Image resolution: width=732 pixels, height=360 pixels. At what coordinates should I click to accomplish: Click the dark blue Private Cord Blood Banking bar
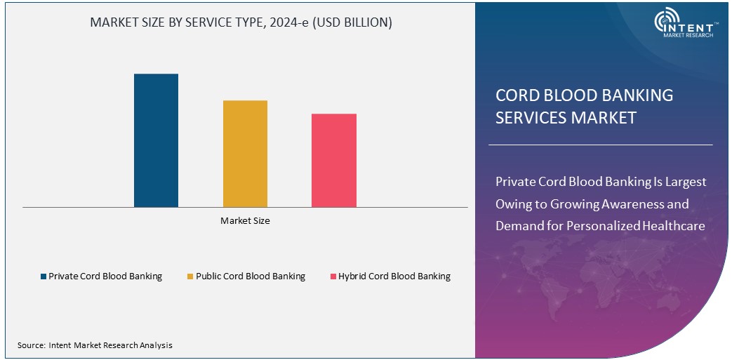[156, 140]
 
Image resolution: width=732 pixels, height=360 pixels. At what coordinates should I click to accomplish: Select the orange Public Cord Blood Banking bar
[245, 154]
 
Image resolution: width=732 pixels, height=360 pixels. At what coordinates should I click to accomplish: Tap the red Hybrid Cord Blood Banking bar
[334, 160]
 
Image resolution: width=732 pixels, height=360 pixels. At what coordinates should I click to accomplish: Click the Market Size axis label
[245, 220]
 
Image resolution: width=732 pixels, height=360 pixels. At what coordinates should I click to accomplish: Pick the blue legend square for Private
[44, 276]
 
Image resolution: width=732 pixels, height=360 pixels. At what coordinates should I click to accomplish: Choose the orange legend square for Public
[190, 276]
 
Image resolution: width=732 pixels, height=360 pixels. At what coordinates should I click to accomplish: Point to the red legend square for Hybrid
[333, 276]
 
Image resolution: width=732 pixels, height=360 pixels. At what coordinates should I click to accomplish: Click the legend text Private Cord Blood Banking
[105, 276]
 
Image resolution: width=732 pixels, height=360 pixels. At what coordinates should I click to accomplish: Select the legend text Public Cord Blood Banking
[251, 276]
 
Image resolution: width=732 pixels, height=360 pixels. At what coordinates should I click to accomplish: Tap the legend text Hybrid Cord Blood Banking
[394, 276]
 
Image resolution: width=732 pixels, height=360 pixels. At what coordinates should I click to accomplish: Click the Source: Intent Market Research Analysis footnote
[95, 345]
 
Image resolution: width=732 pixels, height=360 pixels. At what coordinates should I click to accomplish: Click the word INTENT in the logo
[695, 25]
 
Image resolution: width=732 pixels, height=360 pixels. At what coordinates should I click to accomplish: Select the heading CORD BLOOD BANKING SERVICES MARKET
[584, 106]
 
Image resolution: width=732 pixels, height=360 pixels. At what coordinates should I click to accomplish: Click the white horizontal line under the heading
[600, 145]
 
